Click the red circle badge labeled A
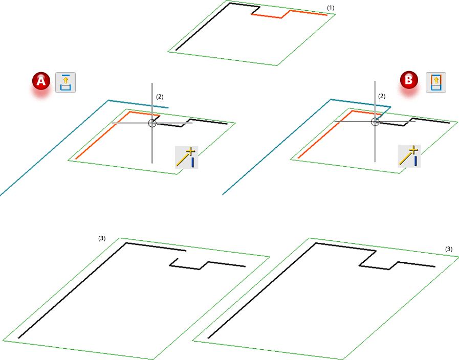pos(41,81)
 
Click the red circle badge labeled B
pos(409,80)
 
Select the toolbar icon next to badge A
pos(65,82)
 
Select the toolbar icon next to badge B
pos(436,82)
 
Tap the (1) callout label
pos(331,8)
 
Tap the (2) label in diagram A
pos(160,97)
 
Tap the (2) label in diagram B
pos(382,96)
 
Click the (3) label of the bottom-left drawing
pos(102,238)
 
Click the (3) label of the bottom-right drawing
pos(448,249)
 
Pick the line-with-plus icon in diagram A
pos(186,157)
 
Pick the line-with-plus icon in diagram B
pos(409,156)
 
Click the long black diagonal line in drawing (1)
pos(203,27)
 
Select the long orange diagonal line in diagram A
pos(102,136)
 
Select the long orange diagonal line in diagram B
pos(325,134)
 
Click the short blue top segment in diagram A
pos(138,104)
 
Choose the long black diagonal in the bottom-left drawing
pos(72,290)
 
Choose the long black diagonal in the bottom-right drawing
pos(261,290)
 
